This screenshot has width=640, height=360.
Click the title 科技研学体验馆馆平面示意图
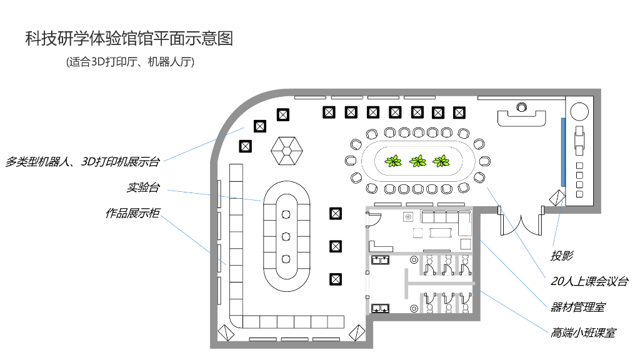[129, 39]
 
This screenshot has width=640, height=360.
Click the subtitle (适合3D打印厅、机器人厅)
[130, 62]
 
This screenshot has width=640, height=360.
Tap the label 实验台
[143, 187]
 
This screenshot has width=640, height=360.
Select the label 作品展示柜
[132, 213]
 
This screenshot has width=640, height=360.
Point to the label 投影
[561, 256]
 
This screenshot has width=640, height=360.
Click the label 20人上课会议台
[589, 281]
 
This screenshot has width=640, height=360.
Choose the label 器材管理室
[577, 307]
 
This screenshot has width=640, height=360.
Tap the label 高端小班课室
[583, 332]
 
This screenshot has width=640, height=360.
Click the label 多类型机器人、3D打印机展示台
[82, 162]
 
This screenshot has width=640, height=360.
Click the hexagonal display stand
[287, 149]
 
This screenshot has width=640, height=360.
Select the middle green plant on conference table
[417, 162]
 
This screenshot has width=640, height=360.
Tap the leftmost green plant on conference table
[394, 162]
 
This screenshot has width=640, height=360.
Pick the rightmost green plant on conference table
[441, 162]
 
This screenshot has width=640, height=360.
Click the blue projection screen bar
[563, 151]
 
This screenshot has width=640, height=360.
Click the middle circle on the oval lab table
[286, 236]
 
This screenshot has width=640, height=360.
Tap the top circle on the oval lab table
[286, 214]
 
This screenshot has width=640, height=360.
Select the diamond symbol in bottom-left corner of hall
[224, 332]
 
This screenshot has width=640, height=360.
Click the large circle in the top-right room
[579, 111]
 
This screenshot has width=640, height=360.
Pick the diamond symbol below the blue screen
[557, 197]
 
